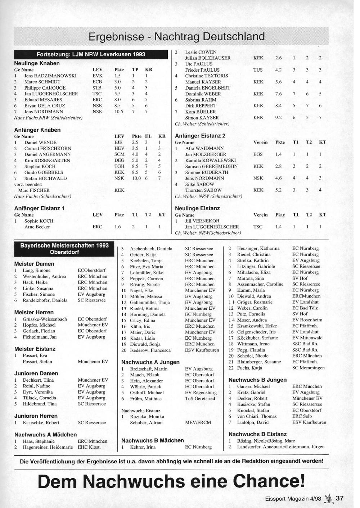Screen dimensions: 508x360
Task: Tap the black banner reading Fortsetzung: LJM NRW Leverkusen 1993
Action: point(91,54)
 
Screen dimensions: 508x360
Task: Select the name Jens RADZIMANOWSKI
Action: point(50,76)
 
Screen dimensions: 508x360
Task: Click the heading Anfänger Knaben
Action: point(37,130)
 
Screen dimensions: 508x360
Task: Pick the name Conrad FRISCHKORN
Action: point(48,148)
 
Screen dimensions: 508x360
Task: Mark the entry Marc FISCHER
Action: point(33,190)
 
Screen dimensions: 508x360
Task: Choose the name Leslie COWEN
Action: point(201,52)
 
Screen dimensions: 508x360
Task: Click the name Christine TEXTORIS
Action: point(207,76)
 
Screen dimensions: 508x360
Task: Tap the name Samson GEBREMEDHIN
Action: point(211,166)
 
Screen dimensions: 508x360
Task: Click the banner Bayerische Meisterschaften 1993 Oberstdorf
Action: point(64,249)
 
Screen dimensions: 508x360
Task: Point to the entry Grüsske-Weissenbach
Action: point(45,319)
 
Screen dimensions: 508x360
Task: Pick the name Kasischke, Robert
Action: point(41,423)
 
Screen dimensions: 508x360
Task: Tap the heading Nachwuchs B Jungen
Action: point(257,380)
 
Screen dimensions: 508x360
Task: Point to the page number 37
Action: point(339,498)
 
